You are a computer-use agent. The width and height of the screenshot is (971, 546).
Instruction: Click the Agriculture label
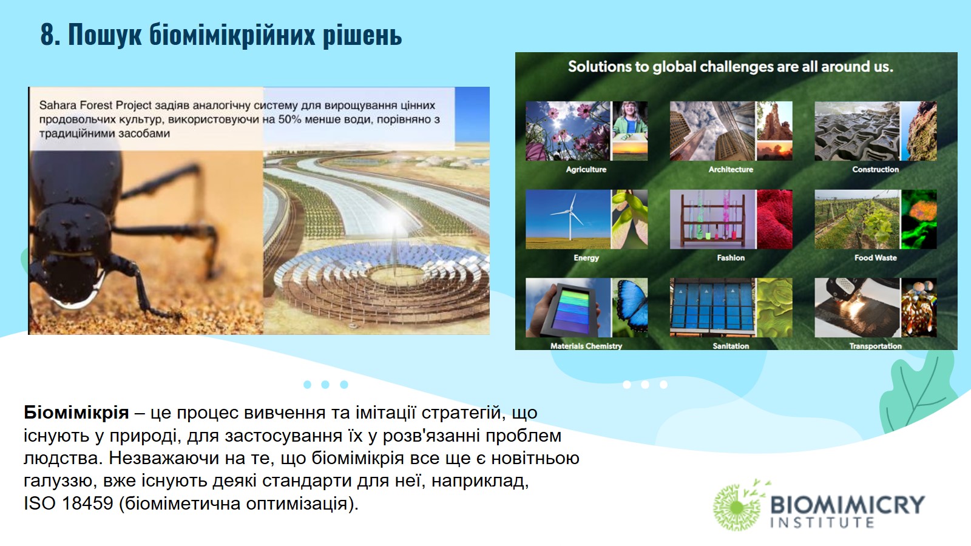(x=586, y=169)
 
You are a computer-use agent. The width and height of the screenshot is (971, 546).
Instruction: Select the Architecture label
(x=731, y=169)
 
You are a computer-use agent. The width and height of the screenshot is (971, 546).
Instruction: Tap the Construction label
(x=876, y=169)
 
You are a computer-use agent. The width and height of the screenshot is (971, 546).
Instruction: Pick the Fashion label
(x=731, y=258)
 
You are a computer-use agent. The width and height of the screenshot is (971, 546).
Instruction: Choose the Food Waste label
(x=876, y=258)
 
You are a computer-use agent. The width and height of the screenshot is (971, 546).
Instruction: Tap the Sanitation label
(x=731, y=346)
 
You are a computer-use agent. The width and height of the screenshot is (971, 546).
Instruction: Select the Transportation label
(x=876, y=346)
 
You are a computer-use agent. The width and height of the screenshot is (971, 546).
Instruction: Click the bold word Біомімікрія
(x=76, y=413)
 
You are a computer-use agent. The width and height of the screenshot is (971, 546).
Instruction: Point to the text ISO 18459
(x=69, y=504)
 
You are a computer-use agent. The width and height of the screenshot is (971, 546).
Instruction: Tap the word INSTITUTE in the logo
(x=822, y=522)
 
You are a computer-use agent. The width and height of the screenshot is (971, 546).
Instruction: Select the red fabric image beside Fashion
(x=774, y=219)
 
